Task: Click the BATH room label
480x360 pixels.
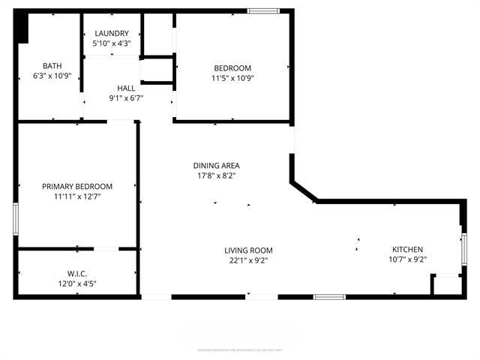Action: click(52, 65)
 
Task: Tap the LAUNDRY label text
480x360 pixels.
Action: click(111, 34)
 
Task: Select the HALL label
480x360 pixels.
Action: click(126, 88)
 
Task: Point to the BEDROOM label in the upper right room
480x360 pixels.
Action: click(232, 68)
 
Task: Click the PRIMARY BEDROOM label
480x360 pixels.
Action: click(77, 187)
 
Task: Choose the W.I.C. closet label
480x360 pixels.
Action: click(77, 273)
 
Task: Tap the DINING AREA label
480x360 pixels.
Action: click(217, 166)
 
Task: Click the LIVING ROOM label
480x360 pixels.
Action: click(248, 250)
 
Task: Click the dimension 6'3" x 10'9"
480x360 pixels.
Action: click(52, 75)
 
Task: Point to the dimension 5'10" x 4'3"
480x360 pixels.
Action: click(111, 43)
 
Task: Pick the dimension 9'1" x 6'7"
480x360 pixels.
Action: click(126, 97)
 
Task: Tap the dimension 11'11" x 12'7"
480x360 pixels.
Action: click(77, 196)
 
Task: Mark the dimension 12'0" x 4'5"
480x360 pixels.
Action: click(77, 283)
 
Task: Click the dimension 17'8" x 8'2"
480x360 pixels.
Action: click(217, 175)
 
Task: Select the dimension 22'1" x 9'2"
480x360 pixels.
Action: click(248, 260)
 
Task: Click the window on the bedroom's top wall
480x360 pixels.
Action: click(262, 10)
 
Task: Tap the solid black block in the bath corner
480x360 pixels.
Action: click(23, 28)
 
